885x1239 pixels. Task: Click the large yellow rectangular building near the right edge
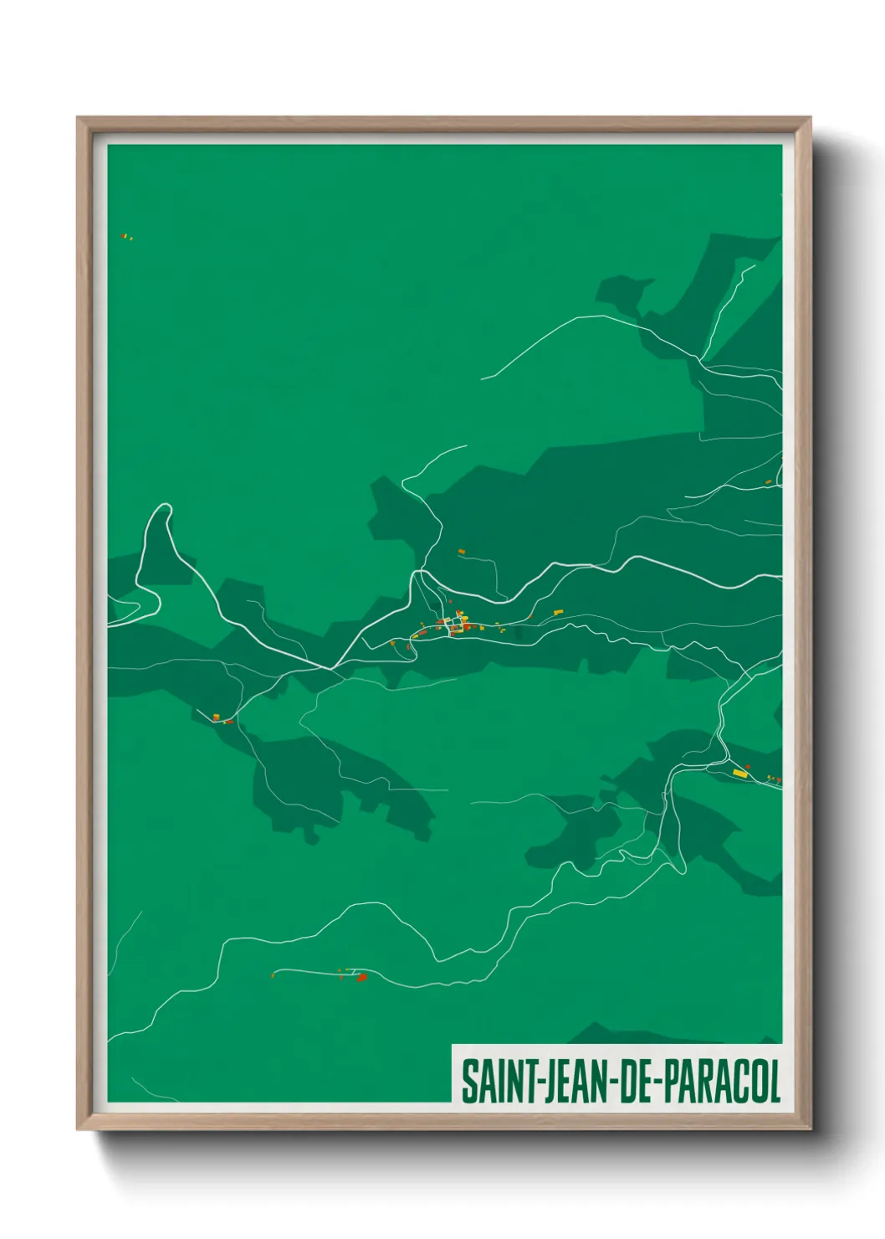[x=739, y=773]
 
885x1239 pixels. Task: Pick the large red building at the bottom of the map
[x=361, y=977]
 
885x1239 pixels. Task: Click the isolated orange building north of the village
[x=461, y=551]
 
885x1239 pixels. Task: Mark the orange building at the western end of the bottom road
[x=274, y=974]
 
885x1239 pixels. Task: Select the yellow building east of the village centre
[x=558, y=612]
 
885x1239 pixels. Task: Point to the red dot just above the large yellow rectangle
[x=748, y=766]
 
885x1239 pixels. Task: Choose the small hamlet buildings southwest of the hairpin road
[x=221, y=718]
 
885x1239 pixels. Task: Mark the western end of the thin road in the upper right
[x=483, y=378]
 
